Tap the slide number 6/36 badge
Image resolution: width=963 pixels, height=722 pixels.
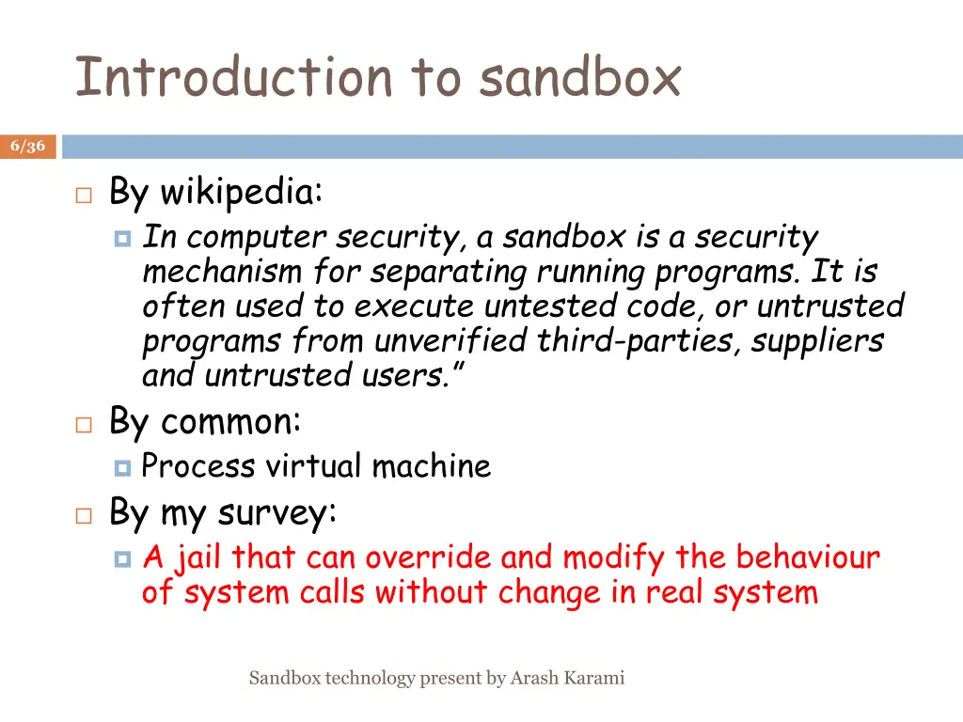point(28,146)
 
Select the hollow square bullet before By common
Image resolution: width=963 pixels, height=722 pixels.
point(84,425)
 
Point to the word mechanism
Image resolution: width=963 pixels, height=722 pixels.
point(222,273)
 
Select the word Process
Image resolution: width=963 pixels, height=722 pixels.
point(197,466)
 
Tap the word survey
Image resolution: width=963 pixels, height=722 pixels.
point(276,514)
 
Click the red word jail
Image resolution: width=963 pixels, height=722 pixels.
point(197,558)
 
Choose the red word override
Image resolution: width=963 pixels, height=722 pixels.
point(428,558)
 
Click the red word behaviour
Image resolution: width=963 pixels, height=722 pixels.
point(808,558)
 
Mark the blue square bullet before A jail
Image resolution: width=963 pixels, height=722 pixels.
point(121,559)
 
